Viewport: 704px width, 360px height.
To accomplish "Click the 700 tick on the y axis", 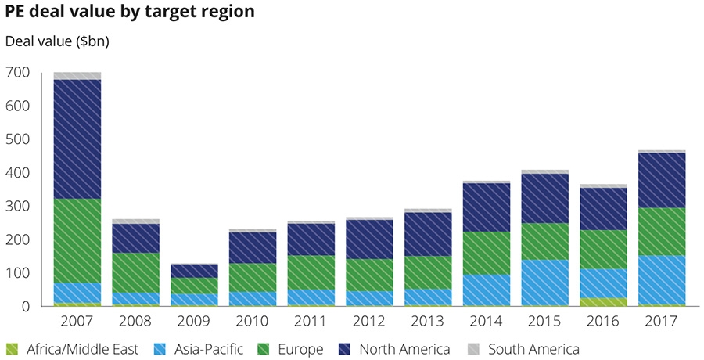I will pos(16,73).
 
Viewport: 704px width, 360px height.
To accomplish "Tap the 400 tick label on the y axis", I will pos(16,173).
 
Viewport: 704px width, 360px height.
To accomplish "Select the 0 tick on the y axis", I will pos(25,307).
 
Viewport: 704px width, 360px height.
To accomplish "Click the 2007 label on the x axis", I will pos(77,322).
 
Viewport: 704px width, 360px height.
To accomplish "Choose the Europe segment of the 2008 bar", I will pos(135,272).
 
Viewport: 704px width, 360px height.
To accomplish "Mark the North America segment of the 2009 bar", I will pos(194,271).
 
